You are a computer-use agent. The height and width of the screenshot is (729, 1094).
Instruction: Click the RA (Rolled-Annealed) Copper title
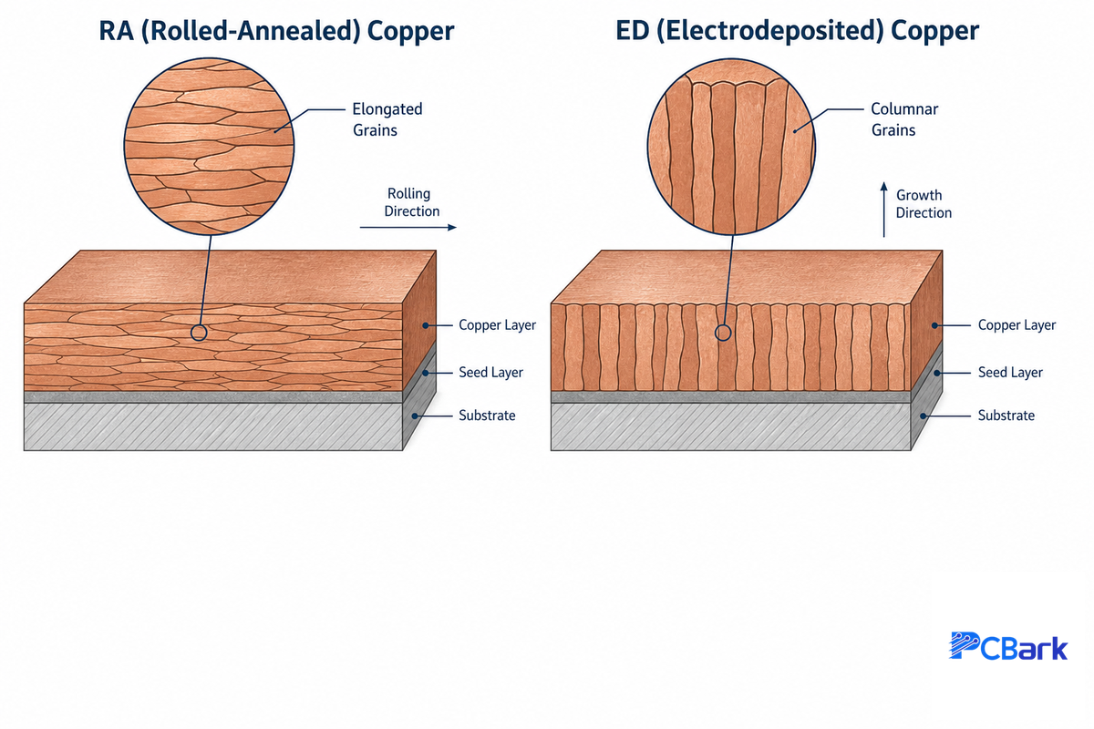click(x=276, y=31)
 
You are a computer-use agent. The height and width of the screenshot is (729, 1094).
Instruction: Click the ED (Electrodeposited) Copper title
click(x=797, y=31)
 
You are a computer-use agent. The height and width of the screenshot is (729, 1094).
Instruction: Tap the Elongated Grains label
click(x=387, y=119)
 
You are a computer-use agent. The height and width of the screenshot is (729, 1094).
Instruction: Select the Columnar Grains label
click(x=904, y=119)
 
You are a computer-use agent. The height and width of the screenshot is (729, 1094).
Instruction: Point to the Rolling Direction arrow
click(x=408, y=227)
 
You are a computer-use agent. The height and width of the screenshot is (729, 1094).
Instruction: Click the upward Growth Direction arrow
click(x=883, y=210)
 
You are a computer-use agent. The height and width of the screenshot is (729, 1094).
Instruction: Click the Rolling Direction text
click(x=412, y=202)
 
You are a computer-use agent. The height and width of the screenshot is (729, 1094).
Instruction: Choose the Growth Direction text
click(x=924, y=204)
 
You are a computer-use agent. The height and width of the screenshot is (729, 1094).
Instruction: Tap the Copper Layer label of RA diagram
click(x=497, y=325)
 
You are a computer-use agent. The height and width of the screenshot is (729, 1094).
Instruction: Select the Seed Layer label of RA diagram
click(x=490, y=373)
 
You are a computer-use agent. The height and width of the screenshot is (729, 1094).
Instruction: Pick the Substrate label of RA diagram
click(x=487, y=416)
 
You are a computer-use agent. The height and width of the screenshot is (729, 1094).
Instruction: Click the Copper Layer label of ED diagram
click(x=1017, y=325)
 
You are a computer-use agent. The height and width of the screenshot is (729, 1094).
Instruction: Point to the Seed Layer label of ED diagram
click(x=1010, y=373)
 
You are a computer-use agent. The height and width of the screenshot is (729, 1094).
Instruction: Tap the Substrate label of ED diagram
click(x=1006, y=416)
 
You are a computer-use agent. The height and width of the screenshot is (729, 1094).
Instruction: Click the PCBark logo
click(x=1008, y=646)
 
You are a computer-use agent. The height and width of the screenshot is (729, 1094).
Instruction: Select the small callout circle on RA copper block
click(x=199, y=325)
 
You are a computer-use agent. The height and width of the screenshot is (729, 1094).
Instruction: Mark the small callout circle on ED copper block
click(x=723, y=325)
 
